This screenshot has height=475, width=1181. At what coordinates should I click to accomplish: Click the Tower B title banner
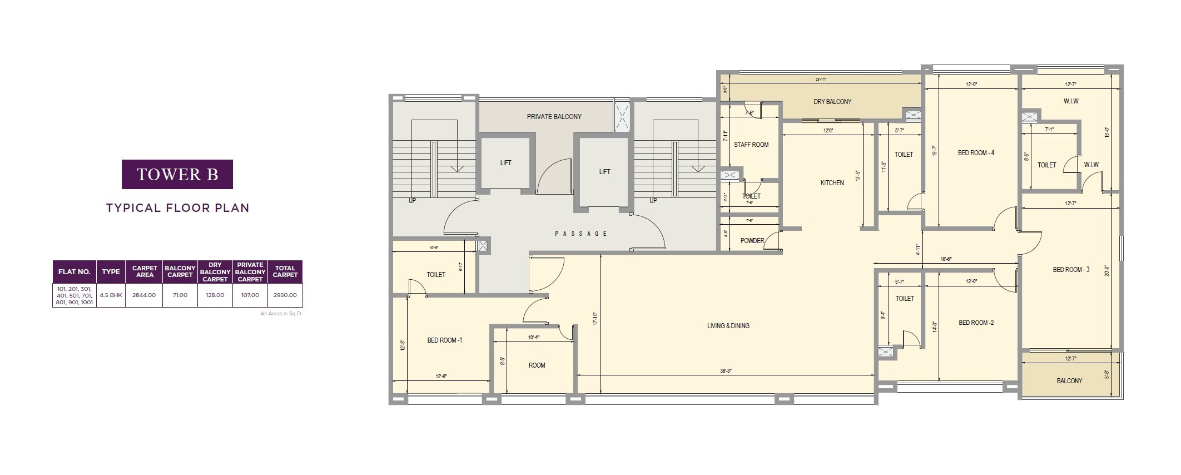click(177, 174)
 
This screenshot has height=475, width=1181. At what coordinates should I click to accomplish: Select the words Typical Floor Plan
click(177, 208)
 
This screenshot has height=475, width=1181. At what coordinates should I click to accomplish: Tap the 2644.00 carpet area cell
click(144, 295)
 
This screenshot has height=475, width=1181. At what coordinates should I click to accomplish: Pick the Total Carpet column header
click(285, 271)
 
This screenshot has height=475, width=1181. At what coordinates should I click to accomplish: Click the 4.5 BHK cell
click(111, 295)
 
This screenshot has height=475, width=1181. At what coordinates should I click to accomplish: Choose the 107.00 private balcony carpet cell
click(250, 295)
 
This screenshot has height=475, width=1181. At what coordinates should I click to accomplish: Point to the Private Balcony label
click(554, 117)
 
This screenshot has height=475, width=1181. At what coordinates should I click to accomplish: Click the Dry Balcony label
click(832, 102)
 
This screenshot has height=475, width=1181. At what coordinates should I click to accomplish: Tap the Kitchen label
click(832, 183)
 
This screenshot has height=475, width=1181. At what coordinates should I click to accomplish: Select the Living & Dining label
click(728, 326)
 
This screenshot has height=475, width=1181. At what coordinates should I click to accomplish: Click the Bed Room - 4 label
click(976, 153)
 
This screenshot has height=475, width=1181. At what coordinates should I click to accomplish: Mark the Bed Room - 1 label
click(444, 340)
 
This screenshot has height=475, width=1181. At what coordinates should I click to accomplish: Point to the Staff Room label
click(751, 145)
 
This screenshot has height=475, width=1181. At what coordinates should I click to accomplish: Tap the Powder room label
click(752, 241)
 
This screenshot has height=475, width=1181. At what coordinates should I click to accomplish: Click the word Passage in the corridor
click(581, 234)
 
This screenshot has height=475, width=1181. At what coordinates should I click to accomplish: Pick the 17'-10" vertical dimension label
click(595, 319)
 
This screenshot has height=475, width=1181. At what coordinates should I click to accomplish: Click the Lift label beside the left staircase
click(505, 163)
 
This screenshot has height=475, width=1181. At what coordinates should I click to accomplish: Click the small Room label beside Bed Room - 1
click(537, 365)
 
